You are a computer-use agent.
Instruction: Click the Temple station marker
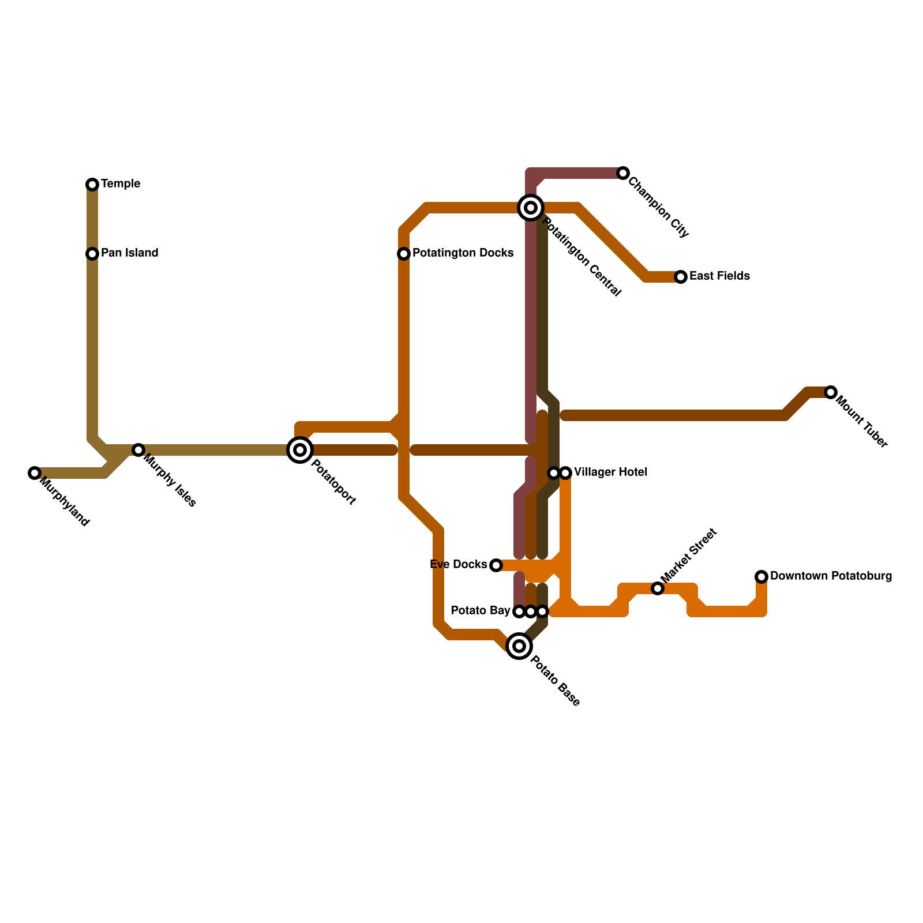click(92, 185)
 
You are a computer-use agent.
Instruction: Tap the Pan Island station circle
click(92, 254)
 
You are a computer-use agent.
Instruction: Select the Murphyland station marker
click(35, 473)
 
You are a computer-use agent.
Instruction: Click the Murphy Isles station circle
click(138, 450)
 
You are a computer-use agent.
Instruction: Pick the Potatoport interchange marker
click(300, 450)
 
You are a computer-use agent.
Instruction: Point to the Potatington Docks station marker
click(404, 254)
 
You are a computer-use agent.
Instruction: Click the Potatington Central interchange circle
click(531, 207)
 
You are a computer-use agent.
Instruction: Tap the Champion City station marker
click(622, 173)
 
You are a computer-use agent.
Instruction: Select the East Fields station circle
click(681, 277)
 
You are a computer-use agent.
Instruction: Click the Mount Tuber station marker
click(830, 392)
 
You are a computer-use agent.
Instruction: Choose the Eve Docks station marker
click(496, 565)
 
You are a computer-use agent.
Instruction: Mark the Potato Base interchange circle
click(519, 646)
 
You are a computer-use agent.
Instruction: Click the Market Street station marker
click(658, 588)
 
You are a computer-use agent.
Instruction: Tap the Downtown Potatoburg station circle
click(761, 577)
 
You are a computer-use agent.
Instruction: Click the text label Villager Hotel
click(611, 472)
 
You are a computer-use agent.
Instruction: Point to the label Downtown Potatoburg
click(831, 576)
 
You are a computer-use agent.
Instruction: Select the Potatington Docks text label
click(463, 253)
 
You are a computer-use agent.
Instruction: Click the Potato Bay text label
click(481, 611)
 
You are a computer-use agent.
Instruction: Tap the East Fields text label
click(719, 276)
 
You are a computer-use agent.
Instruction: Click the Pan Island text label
click(129, 253)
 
